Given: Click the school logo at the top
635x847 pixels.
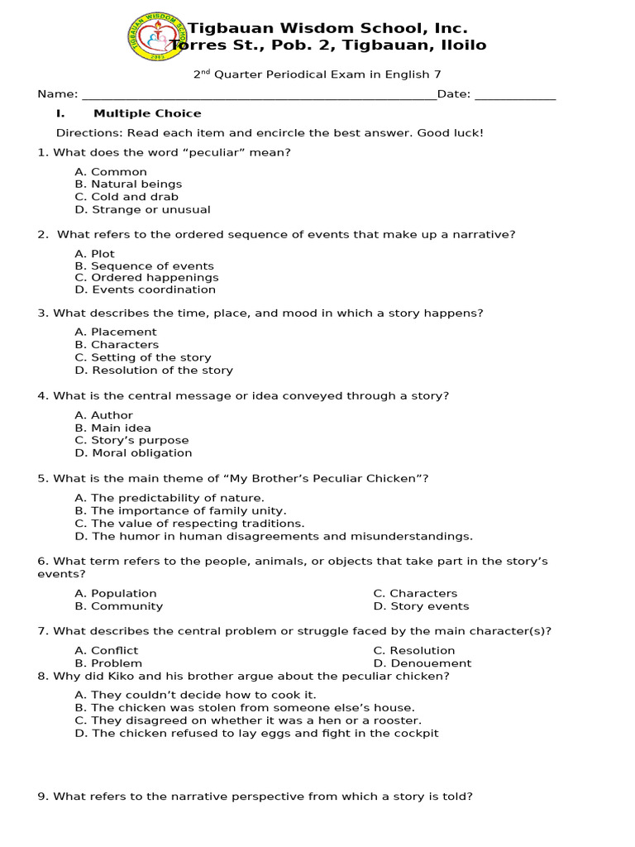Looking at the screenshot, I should point(157,36).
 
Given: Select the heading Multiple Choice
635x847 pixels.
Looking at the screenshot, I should point(147,113).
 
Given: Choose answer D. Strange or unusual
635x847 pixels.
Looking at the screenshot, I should point(142,210).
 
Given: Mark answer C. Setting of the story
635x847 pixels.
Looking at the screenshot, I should point(142,357).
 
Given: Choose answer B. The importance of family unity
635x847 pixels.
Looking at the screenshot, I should point(180,511).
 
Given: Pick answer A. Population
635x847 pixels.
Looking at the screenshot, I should point(115,593).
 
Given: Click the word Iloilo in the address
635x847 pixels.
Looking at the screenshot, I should point(464,45).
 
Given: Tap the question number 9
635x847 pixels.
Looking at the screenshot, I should point(42,797).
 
